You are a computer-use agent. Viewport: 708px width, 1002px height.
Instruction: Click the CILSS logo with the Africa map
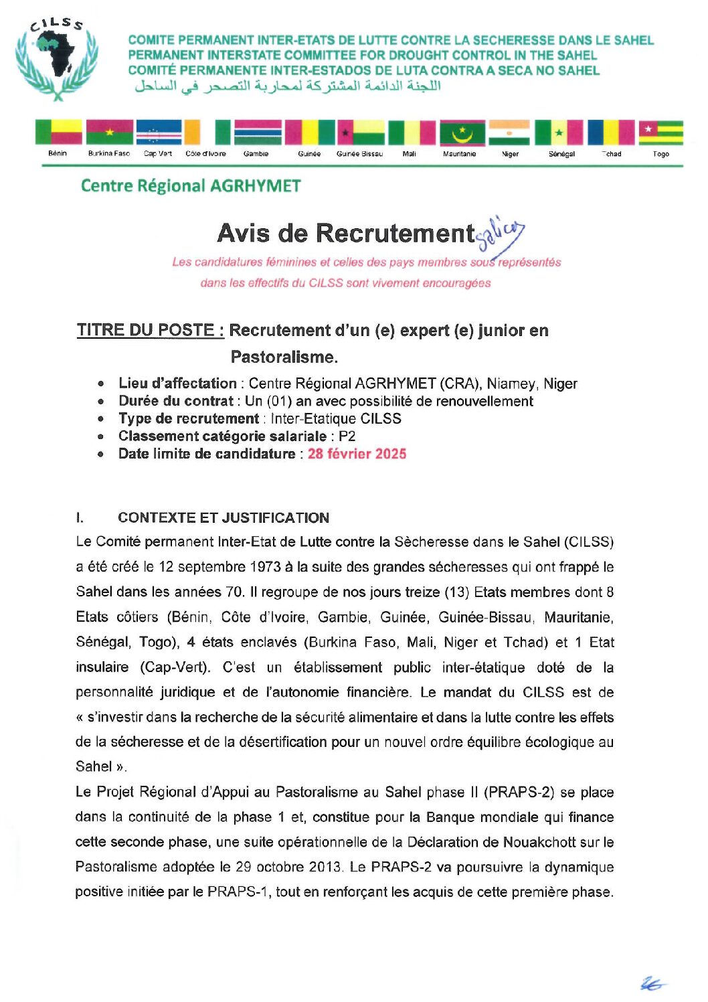pos(57,59)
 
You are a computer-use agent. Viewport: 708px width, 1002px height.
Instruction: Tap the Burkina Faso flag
pos(109,133)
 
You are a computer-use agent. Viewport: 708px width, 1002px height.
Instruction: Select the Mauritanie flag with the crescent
pos(462,133)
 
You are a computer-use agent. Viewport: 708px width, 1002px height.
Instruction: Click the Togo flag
pos(660,133)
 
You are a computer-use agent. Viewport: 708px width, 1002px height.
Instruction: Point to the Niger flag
pos(509,133)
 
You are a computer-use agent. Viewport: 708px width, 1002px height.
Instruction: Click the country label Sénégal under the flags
pos(561,154)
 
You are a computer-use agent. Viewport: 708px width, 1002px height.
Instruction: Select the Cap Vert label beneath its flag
pos(158,154)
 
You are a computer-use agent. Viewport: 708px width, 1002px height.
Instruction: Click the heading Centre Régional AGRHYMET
pos(191,186)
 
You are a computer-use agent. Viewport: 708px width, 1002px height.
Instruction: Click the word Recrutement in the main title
pos(395,233)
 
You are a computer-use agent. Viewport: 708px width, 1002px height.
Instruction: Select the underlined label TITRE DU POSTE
pos(150,330)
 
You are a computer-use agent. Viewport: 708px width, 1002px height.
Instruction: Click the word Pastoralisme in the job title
pos(283,357)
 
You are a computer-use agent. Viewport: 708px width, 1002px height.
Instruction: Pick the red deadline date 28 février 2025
pos(357,454)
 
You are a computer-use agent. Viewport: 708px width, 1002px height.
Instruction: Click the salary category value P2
pos(347,436)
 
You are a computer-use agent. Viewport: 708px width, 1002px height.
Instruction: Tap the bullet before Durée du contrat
pos(100,402)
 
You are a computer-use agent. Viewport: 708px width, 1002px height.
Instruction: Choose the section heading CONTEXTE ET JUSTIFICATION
pos(223,518)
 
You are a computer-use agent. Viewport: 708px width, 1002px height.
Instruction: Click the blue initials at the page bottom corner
pos(652,983)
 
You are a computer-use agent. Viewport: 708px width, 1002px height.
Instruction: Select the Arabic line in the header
pos(288,86)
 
